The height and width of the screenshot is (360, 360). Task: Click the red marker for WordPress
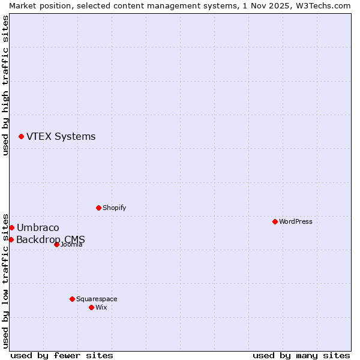(275, 221)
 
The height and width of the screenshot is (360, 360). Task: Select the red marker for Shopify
(98, 208)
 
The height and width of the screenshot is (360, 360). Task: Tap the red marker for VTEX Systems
(21, 137)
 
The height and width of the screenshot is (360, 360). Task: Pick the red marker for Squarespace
(72, 299)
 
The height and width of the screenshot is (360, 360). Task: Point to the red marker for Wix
(91, 307)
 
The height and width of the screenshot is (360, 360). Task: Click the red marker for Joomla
(56, 244)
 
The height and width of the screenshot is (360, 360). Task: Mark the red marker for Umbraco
(11, 227)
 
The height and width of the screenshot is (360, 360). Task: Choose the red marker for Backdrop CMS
(11, 239)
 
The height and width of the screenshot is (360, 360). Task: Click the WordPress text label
(296, 221)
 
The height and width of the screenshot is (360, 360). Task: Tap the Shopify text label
(114, 208)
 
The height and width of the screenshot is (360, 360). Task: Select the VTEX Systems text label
(61, 137)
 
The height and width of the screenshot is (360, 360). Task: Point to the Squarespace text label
(97, 299)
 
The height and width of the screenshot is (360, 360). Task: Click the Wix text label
(101, 307)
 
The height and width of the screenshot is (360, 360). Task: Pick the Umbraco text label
(38, 227)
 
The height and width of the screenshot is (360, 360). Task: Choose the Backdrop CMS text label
(50, 240)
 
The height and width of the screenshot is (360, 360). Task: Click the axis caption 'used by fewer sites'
(62, 355)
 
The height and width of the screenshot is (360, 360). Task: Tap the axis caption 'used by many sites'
(301, 355)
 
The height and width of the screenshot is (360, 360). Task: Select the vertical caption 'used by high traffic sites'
(5, 85)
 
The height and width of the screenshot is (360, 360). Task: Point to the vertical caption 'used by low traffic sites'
(5, 280)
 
